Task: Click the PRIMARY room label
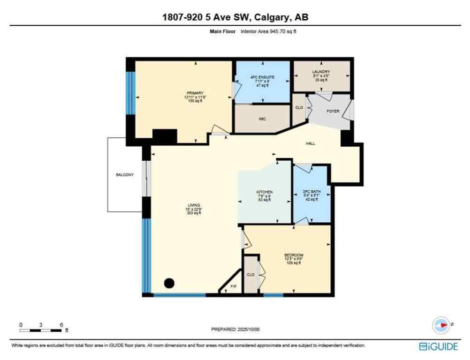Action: pos(194,93)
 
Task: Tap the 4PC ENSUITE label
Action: pos(262,77)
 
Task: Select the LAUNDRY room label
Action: pos(321,72)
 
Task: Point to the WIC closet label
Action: pos(262,119)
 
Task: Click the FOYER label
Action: pos(333,111)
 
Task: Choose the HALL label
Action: pos(310,143)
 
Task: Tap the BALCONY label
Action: pos(125,175)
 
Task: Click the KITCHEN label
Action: pos(264,192)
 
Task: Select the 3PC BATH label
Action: pos(311,192)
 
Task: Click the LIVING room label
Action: pos(194,205)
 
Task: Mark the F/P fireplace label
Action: pos(233,286)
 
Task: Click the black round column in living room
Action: pos(169,283)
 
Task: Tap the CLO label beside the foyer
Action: pos(299,108)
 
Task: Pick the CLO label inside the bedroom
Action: pos(250,275)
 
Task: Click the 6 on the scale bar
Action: pos(61,324)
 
